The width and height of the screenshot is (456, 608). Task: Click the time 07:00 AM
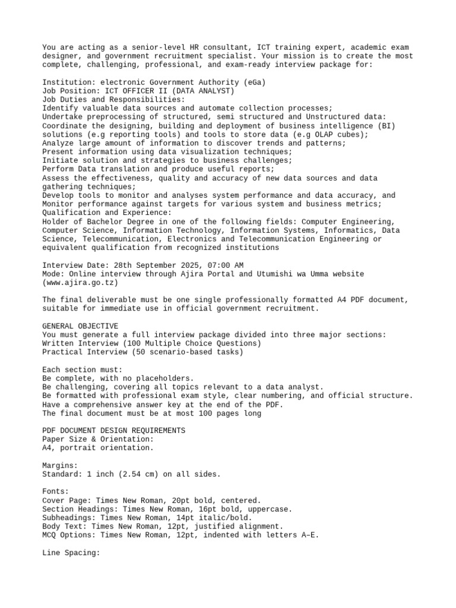223,265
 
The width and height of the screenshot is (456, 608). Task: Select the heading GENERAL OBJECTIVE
80,326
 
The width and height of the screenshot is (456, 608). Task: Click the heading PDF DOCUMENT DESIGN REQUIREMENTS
114,430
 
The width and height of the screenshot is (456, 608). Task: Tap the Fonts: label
56,492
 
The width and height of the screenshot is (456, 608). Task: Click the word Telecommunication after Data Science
119,239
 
